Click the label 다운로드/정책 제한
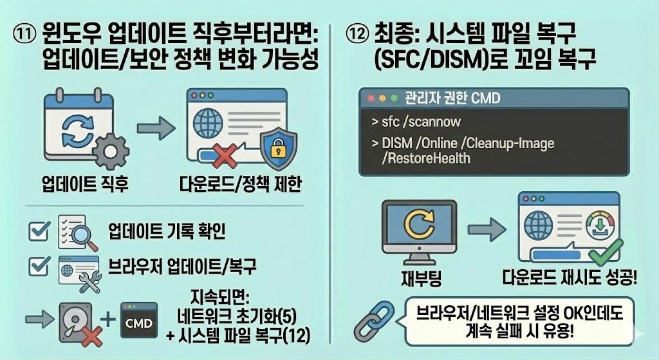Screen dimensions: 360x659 click(x=239, y=185)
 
